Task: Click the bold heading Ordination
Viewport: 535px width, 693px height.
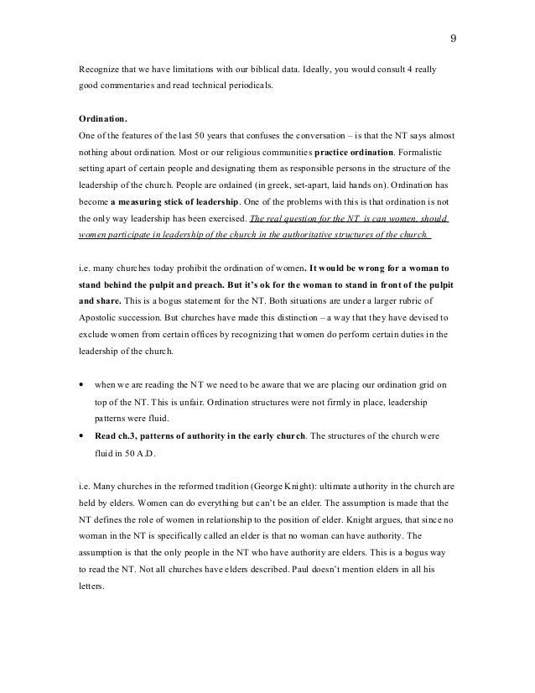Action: (x=102, y=118)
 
